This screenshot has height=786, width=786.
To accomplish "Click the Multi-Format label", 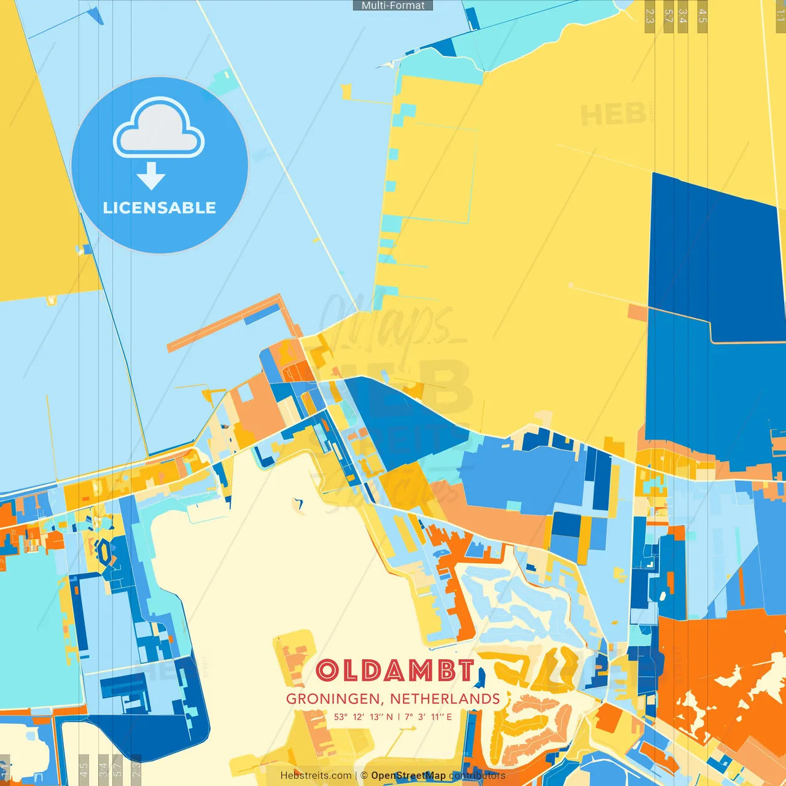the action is (393, 6).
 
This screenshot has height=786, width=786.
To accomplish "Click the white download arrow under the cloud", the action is (151, 176).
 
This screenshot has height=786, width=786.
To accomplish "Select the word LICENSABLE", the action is (160, 208).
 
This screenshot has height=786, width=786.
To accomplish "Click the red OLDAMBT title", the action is (395, 671).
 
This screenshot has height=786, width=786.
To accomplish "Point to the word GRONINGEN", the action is (335, 699).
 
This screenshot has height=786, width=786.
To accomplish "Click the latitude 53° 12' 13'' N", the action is (363, 717).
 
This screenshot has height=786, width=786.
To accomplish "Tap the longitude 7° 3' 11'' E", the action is (428, 717).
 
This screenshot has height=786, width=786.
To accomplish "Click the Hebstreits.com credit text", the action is (316, 776).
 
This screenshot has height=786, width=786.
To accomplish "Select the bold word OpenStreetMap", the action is (408, 776).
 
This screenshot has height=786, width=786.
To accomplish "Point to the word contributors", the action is (477, 776).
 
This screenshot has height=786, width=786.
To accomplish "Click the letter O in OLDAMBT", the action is (327, 671).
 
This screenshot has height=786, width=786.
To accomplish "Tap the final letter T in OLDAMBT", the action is (466, 671).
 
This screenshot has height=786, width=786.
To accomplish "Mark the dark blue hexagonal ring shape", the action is (104, 551).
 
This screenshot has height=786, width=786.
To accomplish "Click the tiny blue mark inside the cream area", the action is (300, 505).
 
